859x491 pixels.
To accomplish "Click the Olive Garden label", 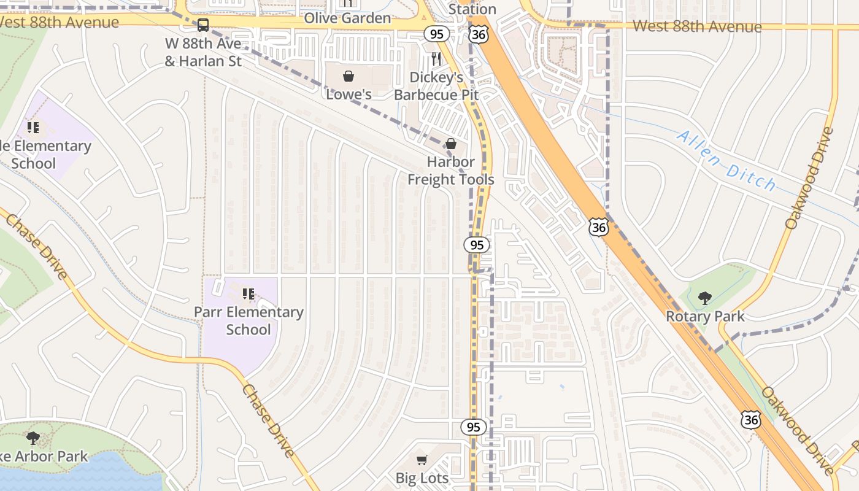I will (348, 18).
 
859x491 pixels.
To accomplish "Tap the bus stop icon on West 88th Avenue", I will (202, 25).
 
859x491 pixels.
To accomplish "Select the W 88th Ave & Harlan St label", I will (203, 52).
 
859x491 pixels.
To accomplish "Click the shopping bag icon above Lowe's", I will (349, 76).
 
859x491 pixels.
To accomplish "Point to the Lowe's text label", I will (349, 95).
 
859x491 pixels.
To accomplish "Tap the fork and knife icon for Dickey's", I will (436, 59).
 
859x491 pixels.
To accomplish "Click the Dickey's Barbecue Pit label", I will (436, 86).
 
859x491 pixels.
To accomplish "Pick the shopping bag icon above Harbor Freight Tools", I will (451, 144).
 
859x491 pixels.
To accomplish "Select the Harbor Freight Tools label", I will (451, 171).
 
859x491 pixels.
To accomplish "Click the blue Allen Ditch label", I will (726, 161).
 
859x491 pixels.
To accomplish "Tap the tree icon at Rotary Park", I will (705, 298).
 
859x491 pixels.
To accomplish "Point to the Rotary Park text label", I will (705, 317).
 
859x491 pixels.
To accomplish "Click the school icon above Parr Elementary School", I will (248, 294).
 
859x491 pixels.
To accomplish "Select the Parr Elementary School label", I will (248, 320).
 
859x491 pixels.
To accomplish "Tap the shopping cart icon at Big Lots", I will (422, 460).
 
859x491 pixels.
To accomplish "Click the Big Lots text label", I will (422, 477).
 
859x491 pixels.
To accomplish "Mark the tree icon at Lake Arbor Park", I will (33, 438).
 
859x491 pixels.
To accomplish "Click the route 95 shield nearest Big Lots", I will (472, 427).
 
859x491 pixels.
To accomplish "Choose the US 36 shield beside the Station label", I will (478, 34).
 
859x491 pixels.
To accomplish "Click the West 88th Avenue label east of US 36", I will (697, 26).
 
